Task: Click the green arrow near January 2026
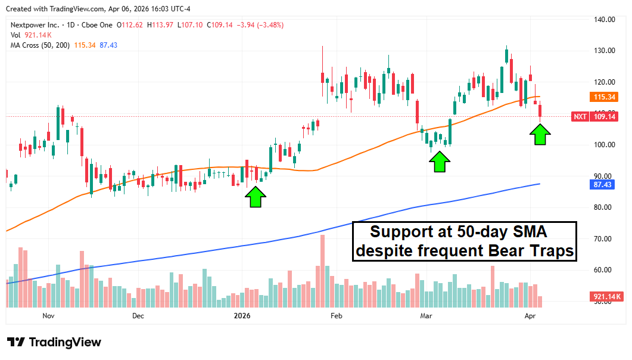pos(255,197)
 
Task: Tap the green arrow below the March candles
pos(440,162)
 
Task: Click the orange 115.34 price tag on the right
pos(605,97)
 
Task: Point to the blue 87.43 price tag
pos(605,184)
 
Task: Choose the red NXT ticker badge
pos(580,117)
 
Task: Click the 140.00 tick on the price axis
pos(604,20)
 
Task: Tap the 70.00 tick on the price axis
pos(604,238)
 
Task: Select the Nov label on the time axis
pos(48,315)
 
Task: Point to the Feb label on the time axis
pos(337,315)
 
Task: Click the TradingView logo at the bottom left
pos(54,342)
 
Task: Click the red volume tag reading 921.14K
pos(605,296)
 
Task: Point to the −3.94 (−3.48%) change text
pos(260,25)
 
